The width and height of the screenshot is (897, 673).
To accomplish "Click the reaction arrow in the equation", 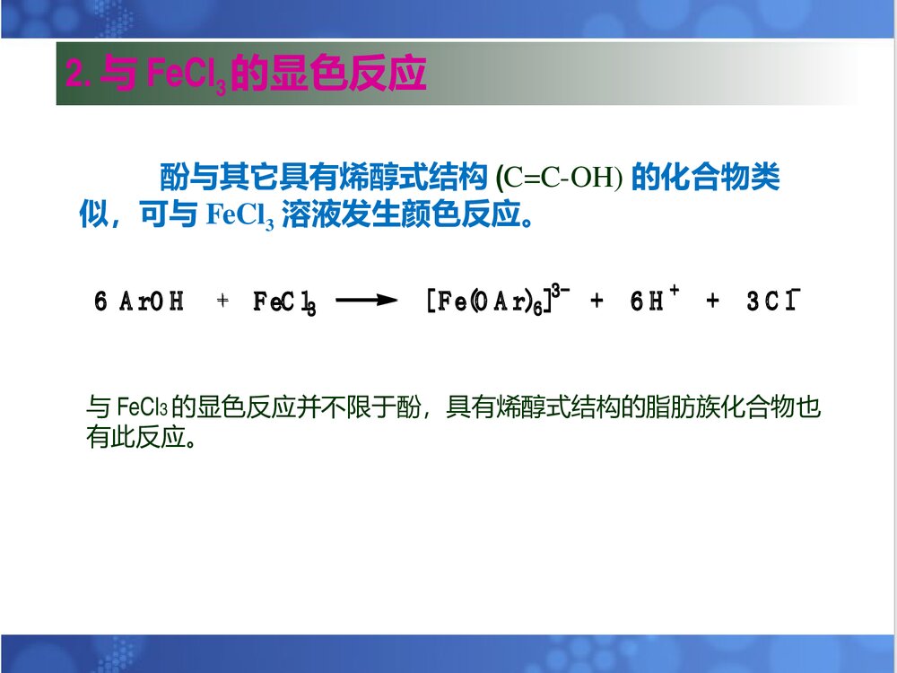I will point(366,302).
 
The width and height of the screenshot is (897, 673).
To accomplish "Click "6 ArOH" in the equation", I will point(139,302).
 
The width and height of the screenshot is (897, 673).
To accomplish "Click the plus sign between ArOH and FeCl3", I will point(223,302).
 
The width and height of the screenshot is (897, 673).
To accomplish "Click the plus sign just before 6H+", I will point(597,302).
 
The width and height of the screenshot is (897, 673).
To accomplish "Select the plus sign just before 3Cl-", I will point(713,302).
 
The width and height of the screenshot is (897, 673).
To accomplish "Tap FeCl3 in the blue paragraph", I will point(239,216).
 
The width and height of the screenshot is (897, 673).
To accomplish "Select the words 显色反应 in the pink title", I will point(351,74).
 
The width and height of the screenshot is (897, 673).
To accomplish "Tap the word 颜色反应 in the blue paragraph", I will point(453,215).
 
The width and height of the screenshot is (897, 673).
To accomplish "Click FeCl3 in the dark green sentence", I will point(142,409).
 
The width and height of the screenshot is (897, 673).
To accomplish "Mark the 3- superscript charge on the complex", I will point(562,290).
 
